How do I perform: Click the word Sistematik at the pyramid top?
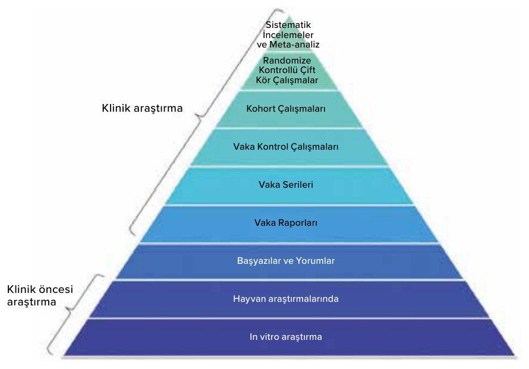click(288, 25)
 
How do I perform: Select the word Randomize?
click(287, 61)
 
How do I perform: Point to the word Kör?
click(263, 80)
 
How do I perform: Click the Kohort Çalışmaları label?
click(286, 109)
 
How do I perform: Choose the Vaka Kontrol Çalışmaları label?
click(286, 147)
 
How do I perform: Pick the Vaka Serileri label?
click(286, 185)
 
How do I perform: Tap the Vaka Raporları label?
click(286, 223)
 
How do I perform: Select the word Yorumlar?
click(315, 261)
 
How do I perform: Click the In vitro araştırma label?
click(286, 337)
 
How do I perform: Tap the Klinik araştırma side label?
click(142, 108)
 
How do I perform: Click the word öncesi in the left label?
click(56, 289)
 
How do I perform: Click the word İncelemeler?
click(288, 34)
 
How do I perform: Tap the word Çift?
click(308, 70)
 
